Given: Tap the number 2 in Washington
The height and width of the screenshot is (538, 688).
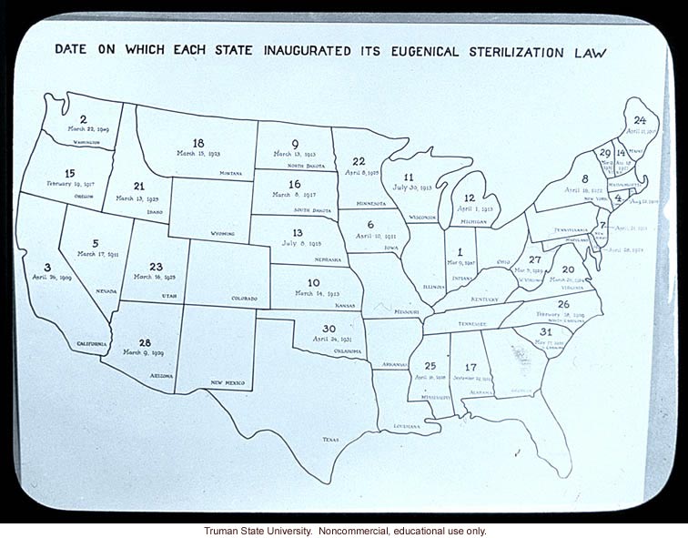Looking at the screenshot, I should click(83, 119).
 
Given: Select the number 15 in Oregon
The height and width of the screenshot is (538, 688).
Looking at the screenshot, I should click(69, 173).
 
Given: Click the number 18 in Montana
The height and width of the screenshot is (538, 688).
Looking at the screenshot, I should click(198, 143).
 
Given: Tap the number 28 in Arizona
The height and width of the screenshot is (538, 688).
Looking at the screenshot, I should click(145, 343).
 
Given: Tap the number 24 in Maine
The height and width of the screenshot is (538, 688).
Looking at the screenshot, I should click(640, 120).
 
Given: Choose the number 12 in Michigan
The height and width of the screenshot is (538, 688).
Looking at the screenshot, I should click(469, 198).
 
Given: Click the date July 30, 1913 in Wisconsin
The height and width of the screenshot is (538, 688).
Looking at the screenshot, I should click(411, 188).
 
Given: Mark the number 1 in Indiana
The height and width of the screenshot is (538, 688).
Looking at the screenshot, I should click(460, 252).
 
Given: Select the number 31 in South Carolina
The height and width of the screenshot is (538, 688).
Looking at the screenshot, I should click(545, 332).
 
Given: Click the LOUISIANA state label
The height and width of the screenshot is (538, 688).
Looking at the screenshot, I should click(407, 425).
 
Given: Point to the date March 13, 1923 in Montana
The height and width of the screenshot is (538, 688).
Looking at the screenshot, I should click(200, 154).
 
